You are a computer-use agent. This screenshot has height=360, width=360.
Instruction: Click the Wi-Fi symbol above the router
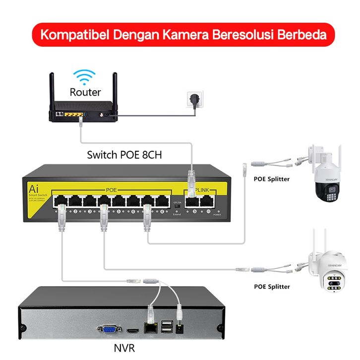[x=84, y=78]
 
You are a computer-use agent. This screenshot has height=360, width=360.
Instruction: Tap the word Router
[x=85, y=92]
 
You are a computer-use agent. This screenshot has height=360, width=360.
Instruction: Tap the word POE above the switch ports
[x=111, y=190]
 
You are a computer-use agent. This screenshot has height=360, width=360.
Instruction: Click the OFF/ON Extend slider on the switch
[x=177, y=205]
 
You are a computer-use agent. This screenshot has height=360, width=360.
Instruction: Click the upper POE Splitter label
[x=271, y=179]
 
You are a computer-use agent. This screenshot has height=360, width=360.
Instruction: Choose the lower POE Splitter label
[x=272, y=286]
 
